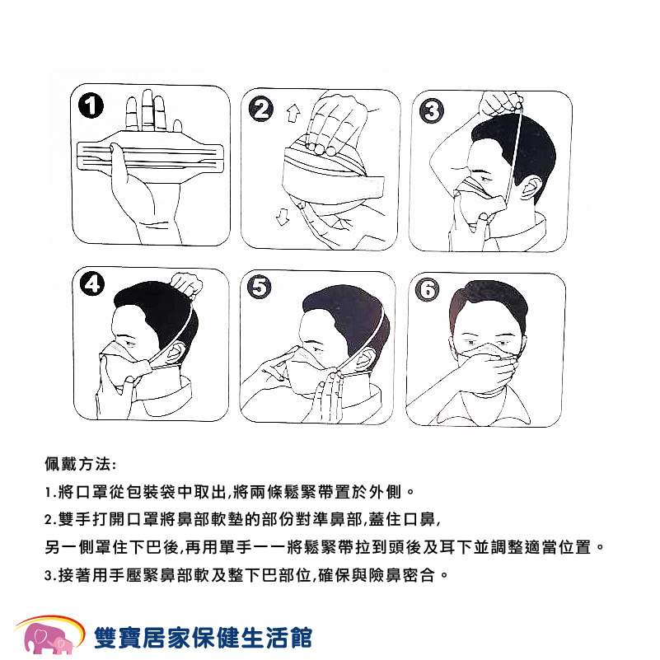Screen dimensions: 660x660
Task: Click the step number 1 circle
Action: coord(91,106)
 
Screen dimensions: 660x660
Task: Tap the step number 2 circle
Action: coord(261,109)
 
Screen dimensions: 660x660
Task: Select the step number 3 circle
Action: coord(432,111)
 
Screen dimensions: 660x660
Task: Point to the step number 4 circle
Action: coord(92,283)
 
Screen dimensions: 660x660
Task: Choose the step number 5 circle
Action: coord(260,287)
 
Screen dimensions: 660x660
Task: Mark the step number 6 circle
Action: coord(428,289)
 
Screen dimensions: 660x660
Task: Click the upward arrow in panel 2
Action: coord(293,113)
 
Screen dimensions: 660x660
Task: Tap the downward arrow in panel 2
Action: coord(283,217)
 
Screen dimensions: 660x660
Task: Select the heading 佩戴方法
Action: coord(78,464)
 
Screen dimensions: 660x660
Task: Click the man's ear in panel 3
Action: coord(530,187)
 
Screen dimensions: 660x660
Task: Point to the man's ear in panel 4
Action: coord(176,352)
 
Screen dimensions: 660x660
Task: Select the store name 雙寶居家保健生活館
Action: coord(203,638)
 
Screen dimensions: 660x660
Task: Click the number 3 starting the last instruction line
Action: coord(48,575)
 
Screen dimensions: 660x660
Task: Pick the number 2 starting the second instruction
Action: coord(49,519)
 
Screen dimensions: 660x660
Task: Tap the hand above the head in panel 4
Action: coord(186,285)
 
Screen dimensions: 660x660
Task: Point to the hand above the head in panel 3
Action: coord(502,103)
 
